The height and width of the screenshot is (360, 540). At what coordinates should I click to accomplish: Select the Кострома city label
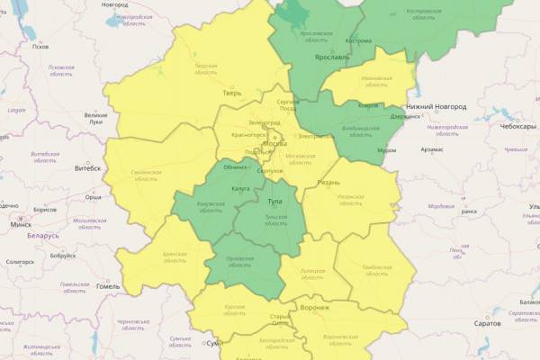tap(358, 40)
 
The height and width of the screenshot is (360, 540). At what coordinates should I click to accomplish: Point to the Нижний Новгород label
tap(438, 106)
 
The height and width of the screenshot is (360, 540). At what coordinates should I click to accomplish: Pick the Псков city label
tap(40, 47)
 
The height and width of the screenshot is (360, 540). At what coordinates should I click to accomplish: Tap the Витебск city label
tap(87, 168)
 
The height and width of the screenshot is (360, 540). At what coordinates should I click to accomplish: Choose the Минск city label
tap(20, 224)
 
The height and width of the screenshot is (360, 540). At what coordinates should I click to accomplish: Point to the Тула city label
tap(274, 201)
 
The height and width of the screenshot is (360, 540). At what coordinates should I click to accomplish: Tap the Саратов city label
tap(487, 322)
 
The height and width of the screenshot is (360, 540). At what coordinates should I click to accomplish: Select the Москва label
tap(274, 144)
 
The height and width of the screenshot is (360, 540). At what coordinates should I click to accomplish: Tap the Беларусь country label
tap(42, 236)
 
